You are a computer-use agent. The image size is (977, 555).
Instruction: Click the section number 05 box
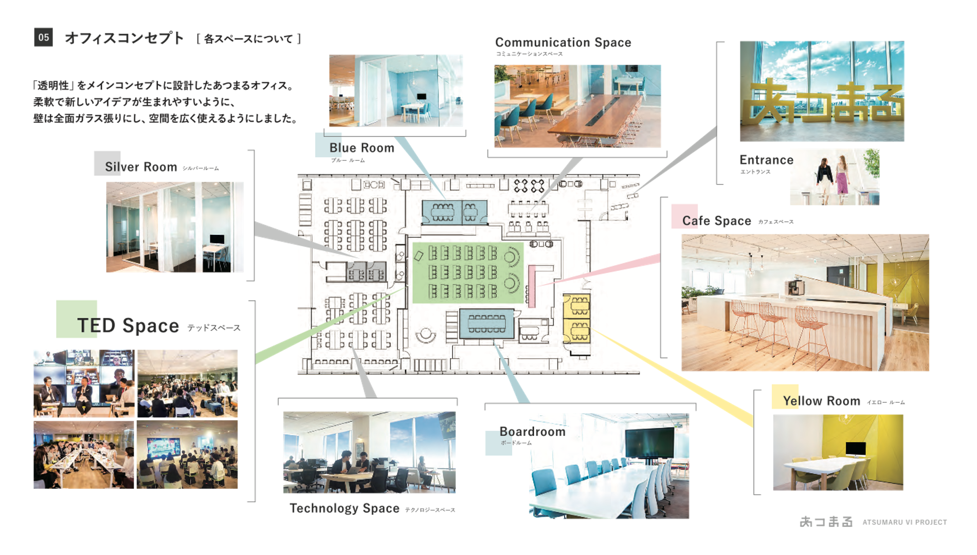click(43, 38)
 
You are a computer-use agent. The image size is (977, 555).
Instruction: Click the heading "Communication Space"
click(563, 43)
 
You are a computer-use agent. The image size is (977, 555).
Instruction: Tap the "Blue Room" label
click(361, 148)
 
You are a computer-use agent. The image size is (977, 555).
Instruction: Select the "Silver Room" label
click(141, 167)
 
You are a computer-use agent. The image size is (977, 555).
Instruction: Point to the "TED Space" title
click(128, 326)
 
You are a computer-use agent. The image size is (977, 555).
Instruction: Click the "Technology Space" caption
click(345, 508)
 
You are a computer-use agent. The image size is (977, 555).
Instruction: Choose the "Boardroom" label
click(532, 432)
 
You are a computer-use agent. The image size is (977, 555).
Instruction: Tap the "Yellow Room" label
click(821, 401)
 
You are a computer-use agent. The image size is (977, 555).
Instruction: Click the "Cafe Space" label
click(716, 221)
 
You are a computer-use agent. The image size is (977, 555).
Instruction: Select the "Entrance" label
click(766, 160)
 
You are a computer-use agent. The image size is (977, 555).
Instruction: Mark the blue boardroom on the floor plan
click(486, 323)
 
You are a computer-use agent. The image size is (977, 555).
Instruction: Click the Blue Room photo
click(395, 90)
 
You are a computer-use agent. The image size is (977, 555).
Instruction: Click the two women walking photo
click(834, 177)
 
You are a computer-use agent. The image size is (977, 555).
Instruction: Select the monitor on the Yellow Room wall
click(855, 448)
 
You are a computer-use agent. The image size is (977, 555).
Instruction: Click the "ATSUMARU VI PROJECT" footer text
click(904, 522)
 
